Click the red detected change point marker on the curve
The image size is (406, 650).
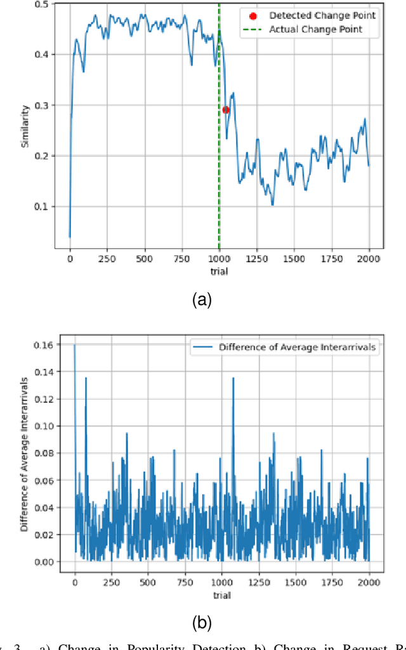point(226,110)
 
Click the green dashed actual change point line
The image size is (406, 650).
point(219,159)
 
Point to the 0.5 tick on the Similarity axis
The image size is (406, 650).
point(47,4)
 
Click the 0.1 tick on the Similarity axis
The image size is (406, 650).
point(47,207)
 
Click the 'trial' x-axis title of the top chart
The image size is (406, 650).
point(219,271)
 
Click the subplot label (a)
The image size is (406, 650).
point(202,301)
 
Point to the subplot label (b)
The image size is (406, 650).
point(202,622)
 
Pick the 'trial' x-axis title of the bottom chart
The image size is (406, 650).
point(222,595)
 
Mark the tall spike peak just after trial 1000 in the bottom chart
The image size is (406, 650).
point(233,379)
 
